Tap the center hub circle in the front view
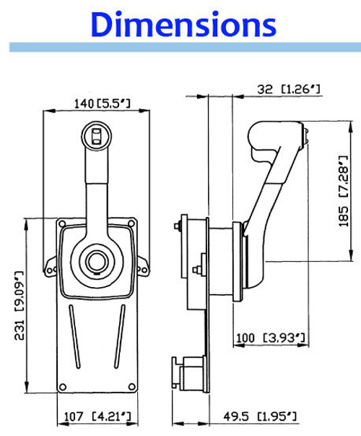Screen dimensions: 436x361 (x=96, y=261)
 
